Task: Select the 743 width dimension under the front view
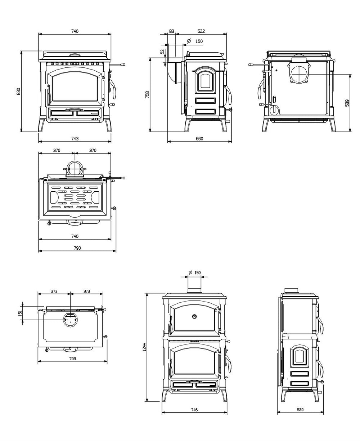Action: click(x=75, y=138)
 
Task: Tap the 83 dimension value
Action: click(x=172, y=31)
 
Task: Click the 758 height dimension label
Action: click(x=148, y=94)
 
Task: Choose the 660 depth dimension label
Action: click(x=199, y=138)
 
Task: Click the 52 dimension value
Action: click(x=162, y=52)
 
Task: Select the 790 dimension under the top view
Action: click(x=77, y=248)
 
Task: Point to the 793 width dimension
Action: click(x=72, y=358)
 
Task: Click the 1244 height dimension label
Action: click(x=144, y=347)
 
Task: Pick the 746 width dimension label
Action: click(x=194, y=410)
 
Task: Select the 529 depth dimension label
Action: click(x=300, y=410)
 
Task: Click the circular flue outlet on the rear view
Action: click(x=298, y=74)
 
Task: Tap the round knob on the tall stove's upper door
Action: click(x=194, y=316)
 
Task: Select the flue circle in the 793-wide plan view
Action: click(x=70, y=319)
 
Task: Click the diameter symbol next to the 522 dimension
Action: click(x=189, y=41)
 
